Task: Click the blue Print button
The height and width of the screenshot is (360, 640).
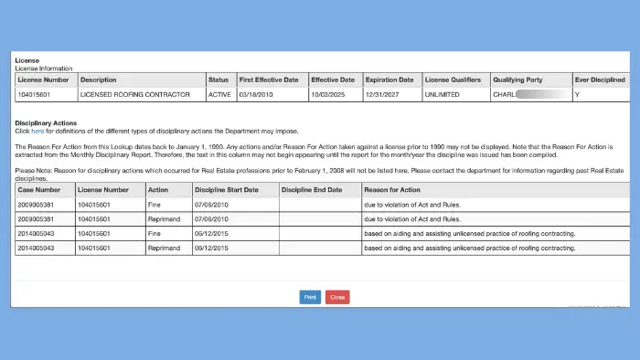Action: click(x=310, y=297)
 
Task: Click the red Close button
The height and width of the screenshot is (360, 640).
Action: click(x=337, y=297)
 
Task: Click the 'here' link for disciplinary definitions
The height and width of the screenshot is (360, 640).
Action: click(x=37, y=132)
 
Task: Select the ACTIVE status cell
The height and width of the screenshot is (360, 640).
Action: click(x=219, y=93)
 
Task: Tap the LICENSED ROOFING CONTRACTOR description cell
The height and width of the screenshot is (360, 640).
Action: click(x=134, y=93)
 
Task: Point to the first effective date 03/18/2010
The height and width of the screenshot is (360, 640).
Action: click(x=255, y=93)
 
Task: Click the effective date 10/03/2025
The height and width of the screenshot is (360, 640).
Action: click(x=326, y=93)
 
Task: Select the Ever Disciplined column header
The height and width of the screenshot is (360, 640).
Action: click(x=600, y=79)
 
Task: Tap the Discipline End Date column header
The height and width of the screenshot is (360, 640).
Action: click(x=312, y=189)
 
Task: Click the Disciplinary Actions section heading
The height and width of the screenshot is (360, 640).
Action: click(x=46, y=122)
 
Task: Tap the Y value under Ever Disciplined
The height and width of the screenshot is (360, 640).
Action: click(x=577, y=93)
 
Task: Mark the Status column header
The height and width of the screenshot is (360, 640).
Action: click(x=219, y=79)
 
